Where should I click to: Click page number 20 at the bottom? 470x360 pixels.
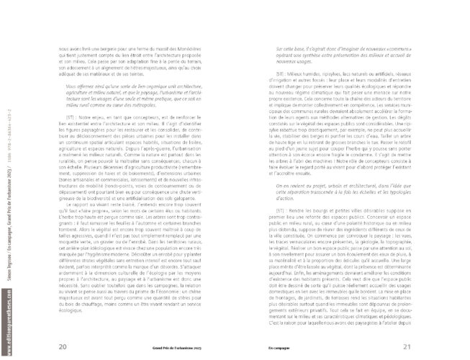[62, 346]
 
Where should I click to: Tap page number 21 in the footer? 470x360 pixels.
[406, 346]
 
